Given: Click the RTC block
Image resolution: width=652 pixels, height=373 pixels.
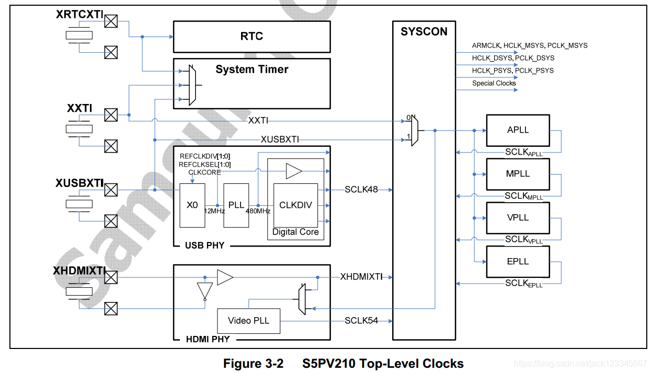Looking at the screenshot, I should (x=251, y=37).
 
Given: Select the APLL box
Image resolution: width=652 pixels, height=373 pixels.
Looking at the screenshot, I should (x=518, y=130).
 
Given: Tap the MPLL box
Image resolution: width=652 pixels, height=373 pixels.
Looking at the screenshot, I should (x=518, y=173).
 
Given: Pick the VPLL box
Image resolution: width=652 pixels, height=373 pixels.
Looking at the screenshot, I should (x=518, y=217).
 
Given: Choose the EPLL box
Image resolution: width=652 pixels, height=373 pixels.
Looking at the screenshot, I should (x=518, y=261).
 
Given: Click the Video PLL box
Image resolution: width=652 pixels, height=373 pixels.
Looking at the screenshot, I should (x=248, y=321).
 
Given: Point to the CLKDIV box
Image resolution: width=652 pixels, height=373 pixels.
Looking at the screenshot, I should (x=295, y=205).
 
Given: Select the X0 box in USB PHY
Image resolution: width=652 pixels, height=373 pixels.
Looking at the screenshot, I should (x=192, y=205).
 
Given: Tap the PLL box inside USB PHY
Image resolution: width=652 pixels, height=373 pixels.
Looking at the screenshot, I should (x=236, y=205).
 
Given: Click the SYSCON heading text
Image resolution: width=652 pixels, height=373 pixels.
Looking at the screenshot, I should (x=424, y=32).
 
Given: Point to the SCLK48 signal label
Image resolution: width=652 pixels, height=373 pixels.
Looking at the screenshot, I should (x=361, y=190).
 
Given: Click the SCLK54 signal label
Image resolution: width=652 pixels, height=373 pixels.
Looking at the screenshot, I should (x=361, y=320).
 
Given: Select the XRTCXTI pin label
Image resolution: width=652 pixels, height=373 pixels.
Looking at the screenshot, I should (x=79, y=15).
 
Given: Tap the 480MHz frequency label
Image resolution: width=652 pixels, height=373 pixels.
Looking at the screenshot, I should (x=258, y=211).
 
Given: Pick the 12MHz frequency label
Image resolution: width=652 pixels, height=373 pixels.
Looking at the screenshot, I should (x=214, y=211).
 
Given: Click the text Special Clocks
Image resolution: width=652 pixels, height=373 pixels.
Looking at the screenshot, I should (x=494, y=83).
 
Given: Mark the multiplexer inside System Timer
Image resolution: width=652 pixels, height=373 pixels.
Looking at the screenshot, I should (x=191, y=86).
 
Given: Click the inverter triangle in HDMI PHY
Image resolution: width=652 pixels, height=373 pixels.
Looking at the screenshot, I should (x=205, y=290).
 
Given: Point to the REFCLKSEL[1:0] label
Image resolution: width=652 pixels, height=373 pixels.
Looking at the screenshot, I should (x=204, y=164).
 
